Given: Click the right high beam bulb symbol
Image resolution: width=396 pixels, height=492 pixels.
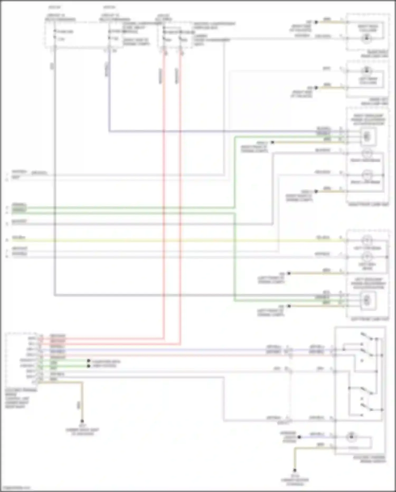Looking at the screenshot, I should coord(367,153).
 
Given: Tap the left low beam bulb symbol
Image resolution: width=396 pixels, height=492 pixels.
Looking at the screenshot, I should coord(367,240).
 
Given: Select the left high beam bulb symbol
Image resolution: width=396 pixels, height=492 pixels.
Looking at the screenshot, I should coord(367,256).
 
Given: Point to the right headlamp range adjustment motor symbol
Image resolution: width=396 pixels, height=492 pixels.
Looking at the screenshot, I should coord(367,137).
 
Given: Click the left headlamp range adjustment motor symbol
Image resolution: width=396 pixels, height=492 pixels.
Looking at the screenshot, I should coord(367,300).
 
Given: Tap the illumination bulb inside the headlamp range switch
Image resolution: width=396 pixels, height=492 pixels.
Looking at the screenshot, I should coord(351,437).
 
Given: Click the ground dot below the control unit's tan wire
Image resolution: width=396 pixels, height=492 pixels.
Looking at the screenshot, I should coord(82,421).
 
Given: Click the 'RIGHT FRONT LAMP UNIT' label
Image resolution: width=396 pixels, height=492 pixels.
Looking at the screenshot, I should coord(368,204).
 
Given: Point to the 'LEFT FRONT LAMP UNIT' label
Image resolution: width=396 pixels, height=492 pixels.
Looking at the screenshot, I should coord(370,319).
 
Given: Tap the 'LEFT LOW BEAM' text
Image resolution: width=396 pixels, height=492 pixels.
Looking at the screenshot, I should coord(367,248).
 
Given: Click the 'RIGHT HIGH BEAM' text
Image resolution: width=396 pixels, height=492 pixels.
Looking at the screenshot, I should coord(365,160).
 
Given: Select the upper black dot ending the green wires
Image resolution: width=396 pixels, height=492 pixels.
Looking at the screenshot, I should coord(89,361).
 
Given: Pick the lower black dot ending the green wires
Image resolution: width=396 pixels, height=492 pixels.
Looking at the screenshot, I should coord(89,366).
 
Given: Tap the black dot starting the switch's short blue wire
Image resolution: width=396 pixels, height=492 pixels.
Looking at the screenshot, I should coord(299,437).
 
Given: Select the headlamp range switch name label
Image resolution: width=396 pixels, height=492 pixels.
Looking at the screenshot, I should coord(370,459).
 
